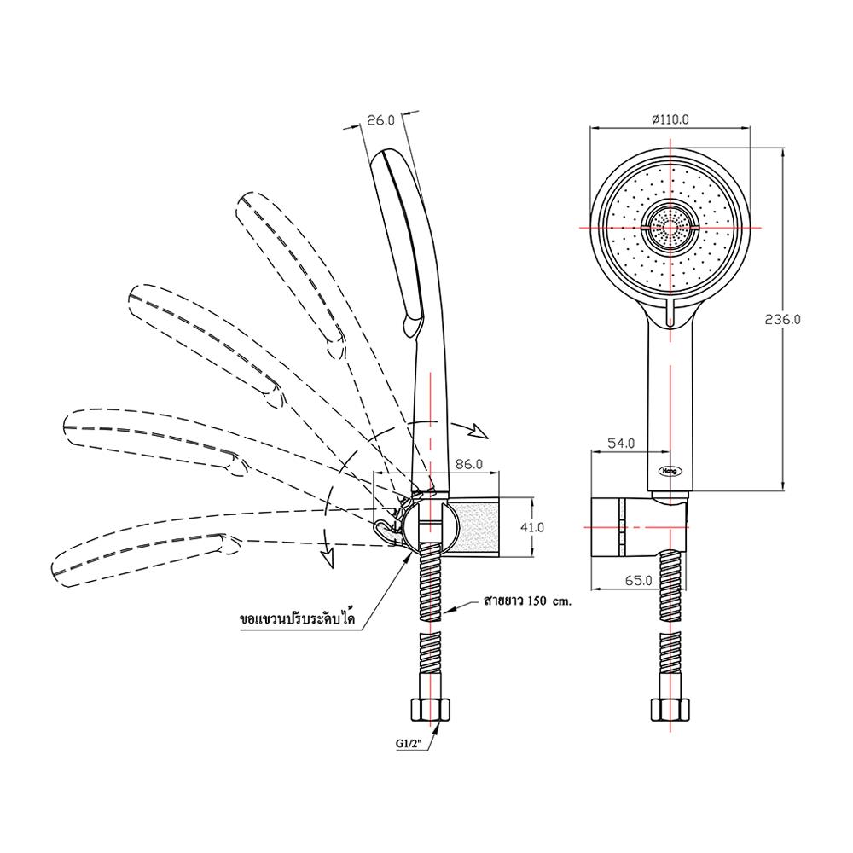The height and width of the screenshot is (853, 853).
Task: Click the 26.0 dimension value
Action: [x=380, y=120]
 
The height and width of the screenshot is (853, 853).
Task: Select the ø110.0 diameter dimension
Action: [x=670, y=119]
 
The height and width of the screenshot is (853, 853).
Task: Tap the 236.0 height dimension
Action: [x=782, y=319]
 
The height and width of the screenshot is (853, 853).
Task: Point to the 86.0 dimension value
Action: [x=468, y=464]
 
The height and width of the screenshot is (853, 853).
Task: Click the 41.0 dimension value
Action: [x=531, y=527]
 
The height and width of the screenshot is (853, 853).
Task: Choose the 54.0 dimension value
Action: [x=621, y=444]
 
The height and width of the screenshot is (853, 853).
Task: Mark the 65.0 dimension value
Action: [x=638, y=580]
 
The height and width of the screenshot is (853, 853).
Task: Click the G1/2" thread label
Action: [x=413, y=743]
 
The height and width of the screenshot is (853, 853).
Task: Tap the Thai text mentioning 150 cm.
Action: [x=527, y=601]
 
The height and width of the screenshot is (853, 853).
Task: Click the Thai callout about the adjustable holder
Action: [x=298, y=618]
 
